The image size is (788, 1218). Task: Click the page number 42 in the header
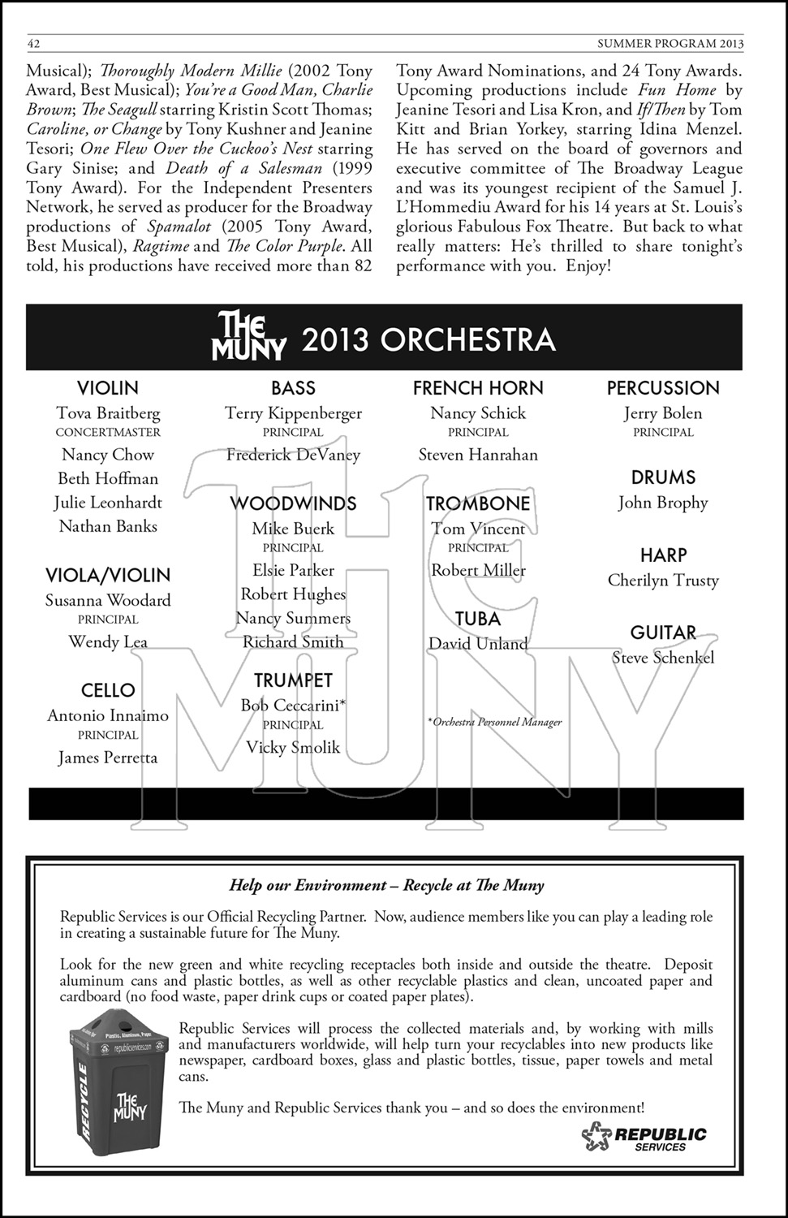tap(33, 43)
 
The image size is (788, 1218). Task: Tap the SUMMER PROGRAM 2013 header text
tap(670, 43)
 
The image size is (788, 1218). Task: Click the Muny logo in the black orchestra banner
tap(248, 337)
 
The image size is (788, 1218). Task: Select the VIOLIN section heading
tap(108, 388)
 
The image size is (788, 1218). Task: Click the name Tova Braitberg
tap(108, 413)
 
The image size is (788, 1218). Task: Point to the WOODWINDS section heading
tap(293, 503)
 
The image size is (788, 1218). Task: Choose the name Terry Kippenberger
tap(293, 413)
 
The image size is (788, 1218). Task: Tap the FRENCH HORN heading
tap(478, 388)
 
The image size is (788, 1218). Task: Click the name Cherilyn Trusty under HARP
tap(663, 581)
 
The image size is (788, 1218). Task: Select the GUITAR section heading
tap(663, 633)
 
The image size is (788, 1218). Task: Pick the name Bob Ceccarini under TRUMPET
tap(293, 706)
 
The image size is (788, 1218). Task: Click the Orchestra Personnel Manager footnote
tap(494, 722)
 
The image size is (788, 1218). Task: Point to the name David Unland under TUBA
tap(478, 644)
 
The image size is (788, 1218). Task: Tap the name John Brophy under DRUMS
tap(663, 503)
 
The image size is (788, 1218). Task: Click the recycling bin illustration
tap(118, 1088)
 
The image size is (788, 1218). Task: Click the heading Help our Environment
tap(386, 885)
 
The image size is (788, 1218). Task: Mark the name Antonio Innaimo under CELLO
tap(108, 716)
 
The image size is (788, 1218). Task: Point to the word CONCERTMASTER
tap(108, 433)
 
